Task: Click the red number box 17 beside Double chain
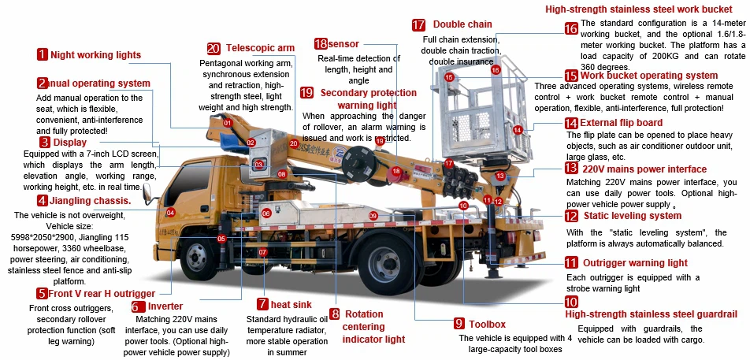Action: (418, 24)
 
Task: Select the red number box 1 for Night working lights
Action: (42, 54)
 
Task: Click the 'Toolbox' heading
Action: (486, 324)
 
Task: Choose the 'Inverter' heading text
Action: (165, 306)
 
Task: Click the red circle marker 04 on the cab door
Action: (170, 213)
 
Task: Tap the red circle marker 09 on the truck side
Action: (373, 215)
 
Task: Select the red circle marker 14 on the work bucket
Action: (518, 130)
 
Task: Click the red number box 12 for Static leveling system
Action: (571, 215)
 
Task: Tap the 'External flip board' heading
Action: (625, 123)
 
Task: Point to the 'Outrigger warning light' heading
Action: (637, 262)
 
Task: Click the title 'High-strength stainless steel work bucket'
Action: (644, 9)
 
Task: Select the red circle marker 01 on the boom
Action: (227, 123)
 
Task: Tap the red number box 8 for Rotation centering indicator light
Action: (335, 314)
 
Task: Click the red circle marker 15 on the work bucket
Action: (449, 77)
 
